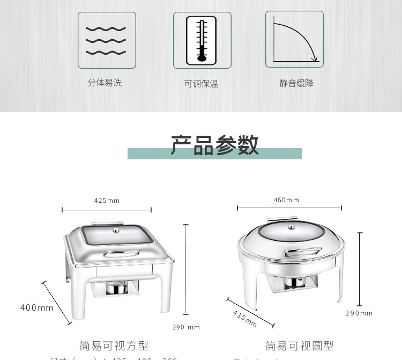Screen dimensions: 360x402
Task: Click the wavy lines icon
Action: [106, 40]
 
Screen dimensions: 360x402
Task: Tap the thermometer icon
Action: [202, 40]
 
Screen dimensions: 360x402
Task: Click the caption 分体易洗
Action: [105, 83]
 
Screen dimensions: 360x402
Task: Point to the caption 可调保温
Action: [201, 84]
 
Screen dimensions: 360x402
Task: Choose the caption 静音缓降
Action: [296, 83]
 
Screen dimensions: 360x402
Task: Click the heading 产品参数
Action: [215, 145]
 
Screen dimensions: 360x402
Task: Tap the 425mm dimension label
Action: [107, 201]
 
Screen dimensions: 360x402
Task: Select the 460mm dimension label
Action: [287, 200]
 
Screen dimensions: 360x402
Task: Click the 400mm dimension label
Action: [37, 307]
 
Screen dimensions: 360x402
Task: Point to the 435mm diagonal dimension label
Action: [245, 318]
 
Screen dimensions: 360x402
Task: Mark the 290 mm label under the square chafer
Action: [186, 327]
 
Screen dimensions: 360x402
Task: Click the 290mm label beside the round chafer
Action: [359, 313]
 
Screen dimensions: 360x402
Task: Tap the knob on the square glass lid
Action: [117, 231]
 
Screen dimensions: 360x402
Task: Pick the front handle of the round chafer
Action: [303, 252]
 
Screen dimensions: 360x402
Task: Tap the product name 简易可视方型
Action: [114, 346]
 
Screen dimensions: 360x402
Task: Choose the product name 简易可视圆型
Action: [300, 346]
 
